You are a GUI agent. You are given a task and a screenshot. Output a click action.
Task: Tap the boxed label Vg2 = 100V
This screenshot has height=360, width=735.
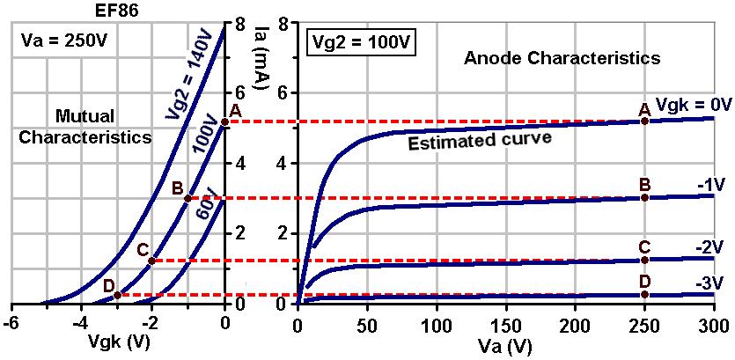tap(361, 41)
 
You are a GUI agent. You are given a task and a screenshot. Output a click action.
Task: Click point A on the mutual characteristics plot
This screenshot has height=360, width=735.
tap(224, 121)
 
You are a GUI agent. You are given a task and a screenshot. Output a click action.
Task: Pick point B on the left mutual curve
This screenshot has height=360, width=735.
tap(187, 198)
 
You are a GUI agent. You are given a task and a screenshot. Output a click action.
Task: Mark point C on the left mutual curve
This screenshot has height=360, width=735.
tap(151, 261)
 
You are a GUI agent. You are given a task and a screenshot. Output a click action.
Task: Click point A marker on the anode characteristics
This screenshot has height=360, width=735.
tap(644, 120)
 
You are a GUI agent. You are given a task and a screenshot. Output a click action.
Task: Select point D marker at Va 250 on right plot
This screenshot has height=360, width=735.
tap(644, 294)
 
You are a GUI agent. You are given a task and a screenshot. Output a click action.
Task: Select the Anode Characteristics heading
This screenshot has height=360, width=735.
tap(562, 59)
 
